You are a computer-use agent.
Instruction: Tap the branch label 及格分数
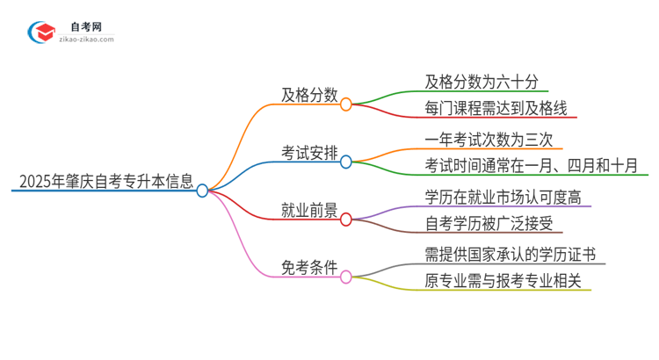coord(307,95)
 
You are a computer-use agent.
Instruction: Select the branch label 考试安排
coord(307,155)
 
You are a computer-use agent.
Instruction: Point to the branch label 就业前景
coord(307,212)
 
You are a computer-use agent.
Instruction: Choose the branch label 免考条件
coord(307,270)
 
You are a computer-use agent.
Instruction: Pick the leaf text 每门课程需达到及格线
coord(496,109)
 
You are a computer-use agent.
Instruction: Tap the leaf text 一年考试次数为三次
coord(489,140)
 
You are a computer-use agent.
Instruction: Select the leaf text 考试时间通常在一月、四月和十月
coord(530,166)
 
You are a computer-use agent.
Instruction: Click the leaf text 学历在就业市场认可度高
coord(503,197)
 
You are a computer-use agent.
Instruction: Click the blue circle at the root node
coord(203,191)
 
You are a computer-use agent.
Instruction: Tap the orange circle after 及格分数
coord(345,104)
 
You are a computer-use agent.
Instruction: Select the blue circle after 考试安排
coord(345,162)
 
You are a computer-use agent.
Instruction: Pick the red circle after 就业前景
coord(345,220)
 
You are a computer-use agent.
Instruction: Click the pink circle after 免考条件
coord(345,277)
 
